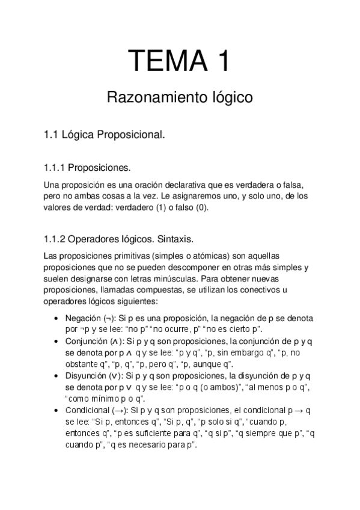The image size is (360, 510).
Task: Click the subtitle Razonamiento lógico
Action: [180, 97]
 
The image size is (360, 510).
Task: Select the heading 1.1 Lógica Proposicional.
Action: [105, 135]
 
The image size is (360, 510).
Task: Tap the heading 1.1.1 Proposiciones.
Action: [87, 167]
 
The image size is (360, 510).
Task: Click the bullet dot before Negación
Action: [56, 319]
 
